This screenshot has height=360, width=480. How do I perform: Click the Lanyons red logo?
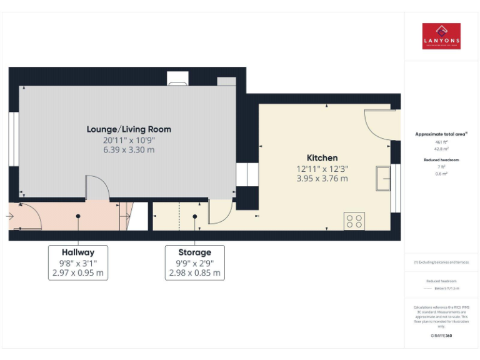(441, 36)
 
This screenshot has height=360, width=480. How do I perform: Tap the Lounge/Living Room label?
(129, 129)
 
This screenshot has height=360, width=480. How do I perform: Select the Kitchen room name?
(322, 158)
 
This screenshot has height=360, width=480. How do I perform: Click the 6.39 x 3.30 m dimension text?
(129, 150)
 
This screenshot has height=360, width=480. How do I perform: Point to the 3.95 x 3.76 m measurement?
(322, 178)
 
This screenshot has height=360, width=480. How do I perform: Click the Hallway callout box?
(78, 262)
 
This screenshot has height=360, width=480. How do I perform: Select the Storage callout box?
(194, 262)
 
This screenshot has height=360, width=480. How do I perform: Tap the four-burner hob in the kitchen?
(354, 221)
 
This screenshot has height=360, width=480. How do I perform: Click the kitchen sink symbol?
(382, 179)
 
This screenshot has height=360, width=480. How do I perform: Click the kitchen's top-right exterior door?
(379, 122)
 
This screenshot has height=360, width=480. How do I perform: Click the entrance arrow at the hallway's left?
(9, 216)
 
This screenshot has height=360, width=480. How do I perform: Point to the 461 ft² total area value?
(442, 142)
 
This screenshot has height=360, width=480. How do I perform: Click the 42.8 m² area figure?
(442, 149)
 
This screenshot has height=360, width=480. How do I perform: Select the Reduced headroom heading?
(442, 160)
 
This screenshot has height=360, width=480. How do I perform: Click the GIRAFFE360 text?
(441, 336)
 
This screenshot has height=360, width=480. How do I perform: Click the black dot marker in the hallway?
(78, 216)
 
